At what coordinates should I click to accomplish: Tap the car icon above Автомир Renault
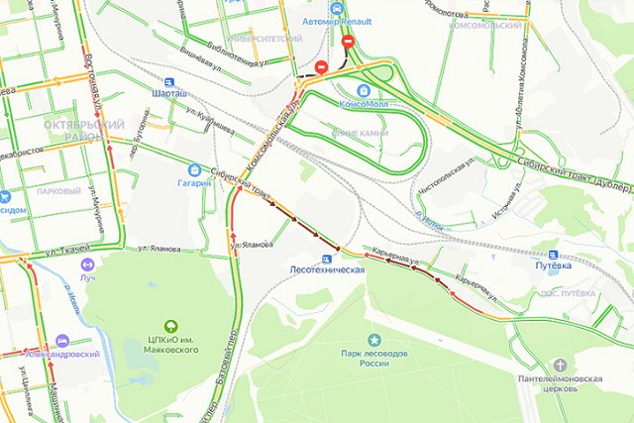(x=337, y=6)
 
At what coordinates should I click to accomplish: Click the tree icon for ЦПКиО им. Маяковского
(x=170, y=325)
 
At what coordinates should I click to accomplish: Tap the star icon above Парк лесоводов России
(x=374, y=340)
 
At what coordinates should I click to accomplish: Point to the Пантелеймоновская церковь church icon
(x=561, y=364)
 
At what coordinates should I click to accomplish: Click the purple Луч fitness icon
(x=86, y=264)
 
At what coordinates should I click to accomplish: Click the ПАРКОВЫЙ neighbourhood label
(x=57, y=190)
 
